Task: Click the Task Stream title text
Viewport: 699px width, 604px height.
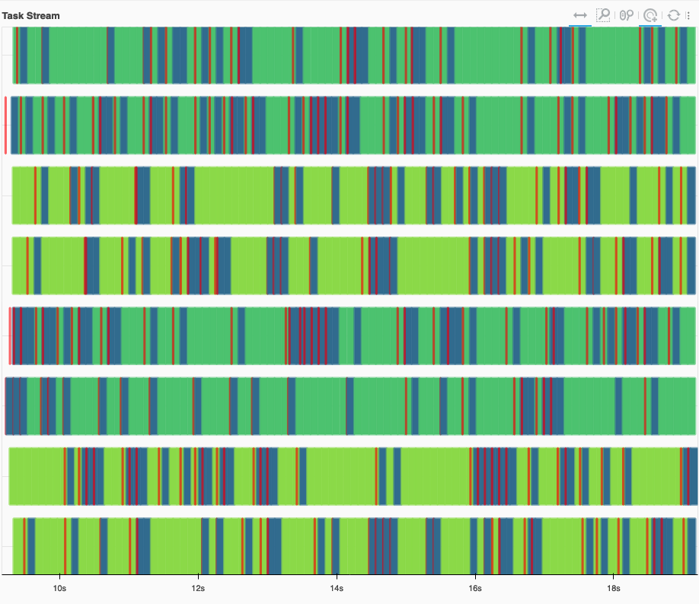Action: [31, 16]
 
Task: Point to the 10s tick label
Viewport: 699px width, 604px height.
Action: [59, 588]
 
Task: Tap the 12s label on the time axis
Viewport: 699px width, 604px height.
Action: [198, 588]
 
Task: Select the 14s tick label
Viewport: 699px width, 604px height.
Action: [337, 588]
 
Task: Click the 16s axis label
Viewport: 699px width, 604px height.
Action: [475, 588]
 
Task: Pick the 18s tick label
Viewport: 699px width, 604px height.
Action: [614, 588]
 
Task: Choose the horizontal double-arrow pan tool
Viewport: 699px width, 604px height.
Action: [580, 15]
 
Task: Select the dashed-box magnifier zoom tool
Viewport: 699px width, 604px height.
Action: [603, 15]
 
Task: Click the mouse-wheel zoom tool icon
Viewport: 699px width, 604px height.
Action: [627, 15]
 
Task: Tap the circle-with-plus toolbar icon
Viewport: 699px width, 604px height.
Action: [650, 15]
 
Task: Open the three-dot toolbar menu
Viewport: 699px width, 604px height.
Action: [688, 15]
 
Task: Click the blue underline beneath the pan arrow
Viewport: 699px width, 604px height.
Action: [580, 25]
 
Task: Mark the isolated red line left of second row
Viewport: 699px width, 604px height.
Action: [5, 125]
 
